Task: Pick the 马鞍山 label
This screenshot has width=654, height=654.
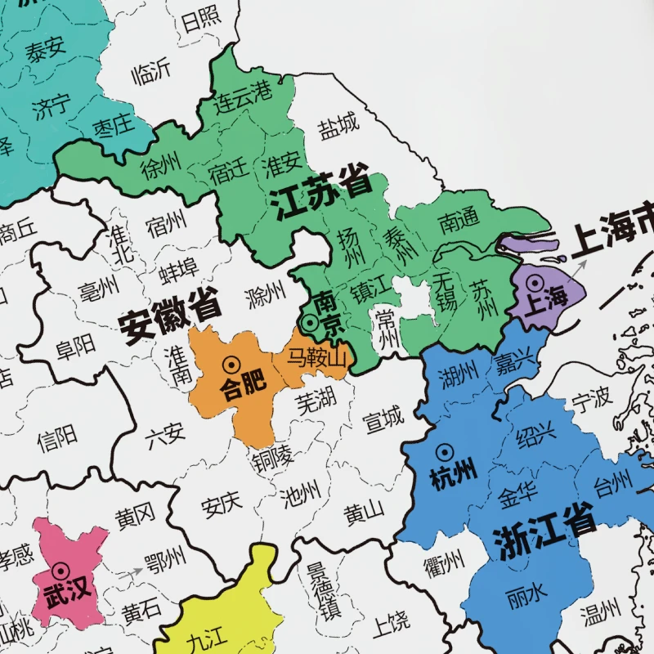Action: [x=316, y=357]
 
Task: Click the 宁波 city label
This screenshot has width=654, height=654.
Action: [x=590, y=399]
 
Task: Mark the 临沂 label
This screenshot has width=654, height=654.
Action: [x=151, y=74]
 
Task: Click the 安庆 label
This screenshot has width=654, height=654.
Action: [x=222, y=504]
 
